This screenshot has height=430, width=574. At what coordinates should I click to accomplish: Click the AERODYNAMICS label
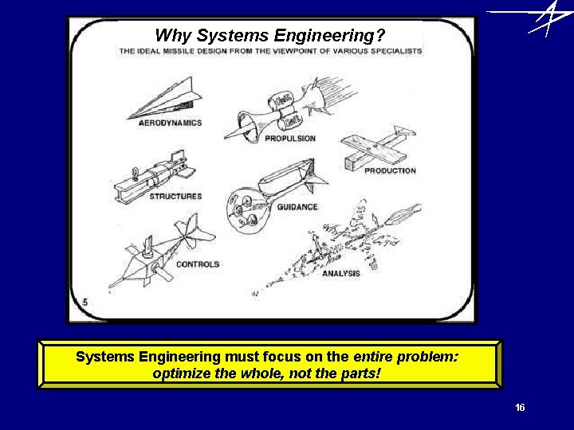click(170, 123)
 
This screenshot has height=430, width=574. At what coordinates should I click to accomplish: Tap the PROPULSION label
click(290, 138)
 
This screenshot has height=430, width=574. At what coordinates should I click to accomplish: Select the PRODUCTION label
click(390, 170)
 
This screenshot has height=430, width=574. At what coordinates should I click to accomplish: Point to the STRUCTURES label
click(175, 196)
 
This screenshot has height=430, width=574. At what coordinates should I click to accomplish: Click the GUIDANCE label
click(297, 206)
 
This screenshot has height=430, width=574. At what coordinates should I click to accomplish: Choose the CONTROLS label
click(197, 264)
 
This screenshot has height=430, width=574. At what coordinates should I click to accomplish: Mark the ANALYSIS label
click(341, 273)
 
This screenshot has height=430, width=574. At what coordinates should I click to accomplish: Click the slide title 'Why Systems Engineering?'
click(269, 35)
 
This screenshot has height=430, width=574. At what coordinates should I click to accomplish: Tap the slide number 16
click(520, 408)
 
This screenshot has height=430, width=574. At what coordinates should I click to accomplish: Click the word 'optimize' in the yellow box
click(179, 373)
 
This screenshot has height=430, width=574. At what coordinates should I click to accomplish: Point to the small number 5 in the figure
click(85, 303)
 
